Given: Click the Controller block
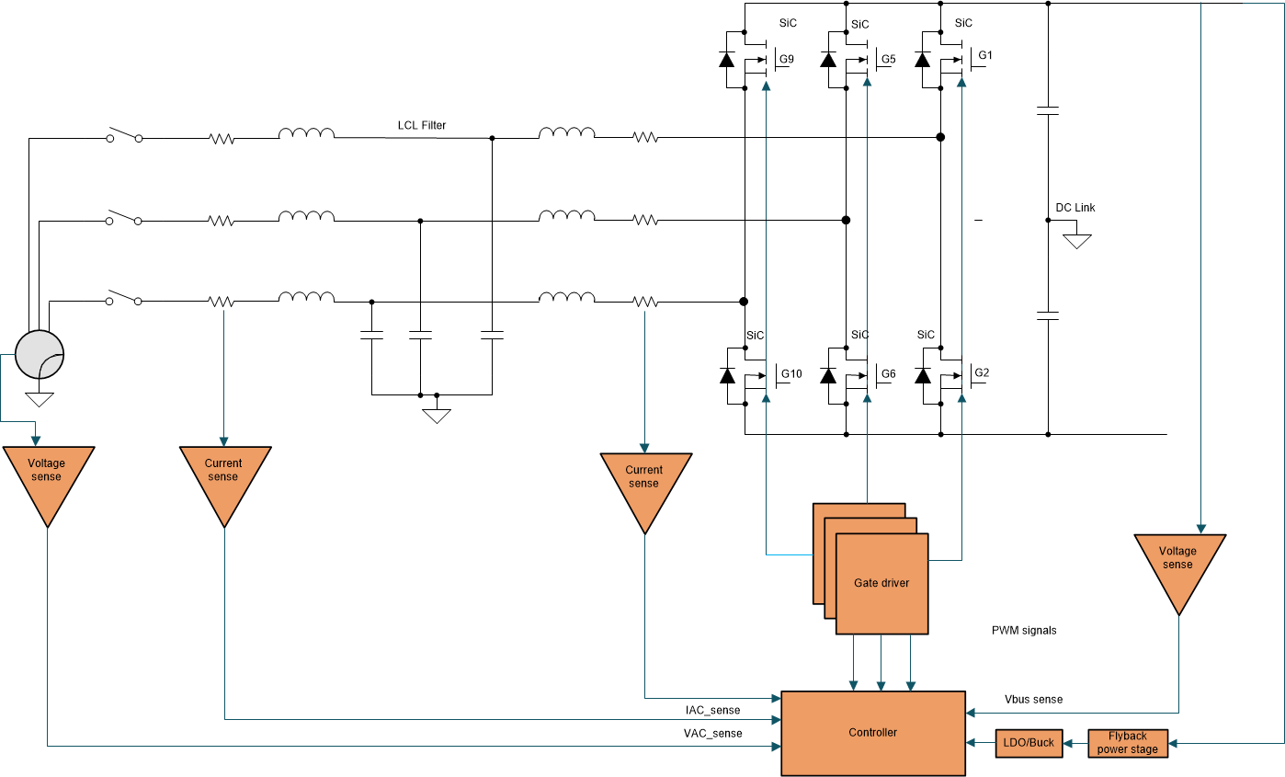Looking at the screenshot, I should [872, 733].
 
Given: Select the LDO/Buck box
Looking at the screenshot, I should [1029, 743].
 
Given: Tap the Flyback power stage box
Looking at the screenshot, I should [1128, 743].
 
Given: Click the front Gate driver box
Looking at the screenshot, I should [881, 584].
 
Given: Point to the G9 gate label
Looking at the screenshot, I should [786, 60].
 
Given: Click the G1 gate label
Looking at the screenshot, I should [984, 55].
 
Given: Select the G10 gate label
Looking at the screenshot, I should [790, 373].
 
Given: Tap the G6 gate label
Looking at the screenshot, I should [887, 373].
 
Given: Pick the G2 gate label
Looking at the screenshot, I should [982, 372].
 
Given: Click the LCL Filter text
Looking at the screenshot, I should [422, 125].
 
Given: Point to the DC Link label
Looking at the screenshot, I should [1075, 208].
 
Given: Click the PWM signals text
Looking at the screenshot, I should [1024, 631].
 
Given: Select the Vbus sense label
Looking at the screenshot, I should [1033, 700].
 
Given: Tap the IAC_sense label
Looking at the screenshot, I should [712, 710].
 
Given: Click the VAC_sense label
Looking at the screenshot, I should [712, 733].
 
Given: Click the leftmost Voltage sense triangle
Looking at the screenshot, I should [46, 475].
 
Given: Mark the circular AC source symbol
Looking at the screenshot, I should [40, 355].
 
